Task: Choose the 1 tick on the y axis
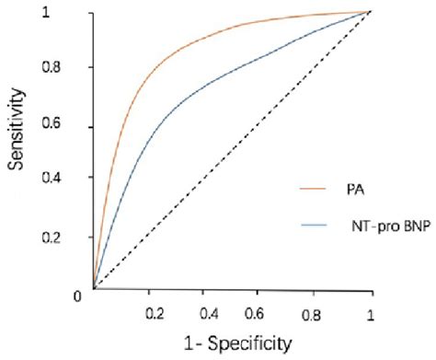(x=81, y=14)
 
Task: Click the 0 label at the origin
(x=80, y=295)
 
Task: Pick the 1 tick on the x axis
(x=371, y=313)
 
